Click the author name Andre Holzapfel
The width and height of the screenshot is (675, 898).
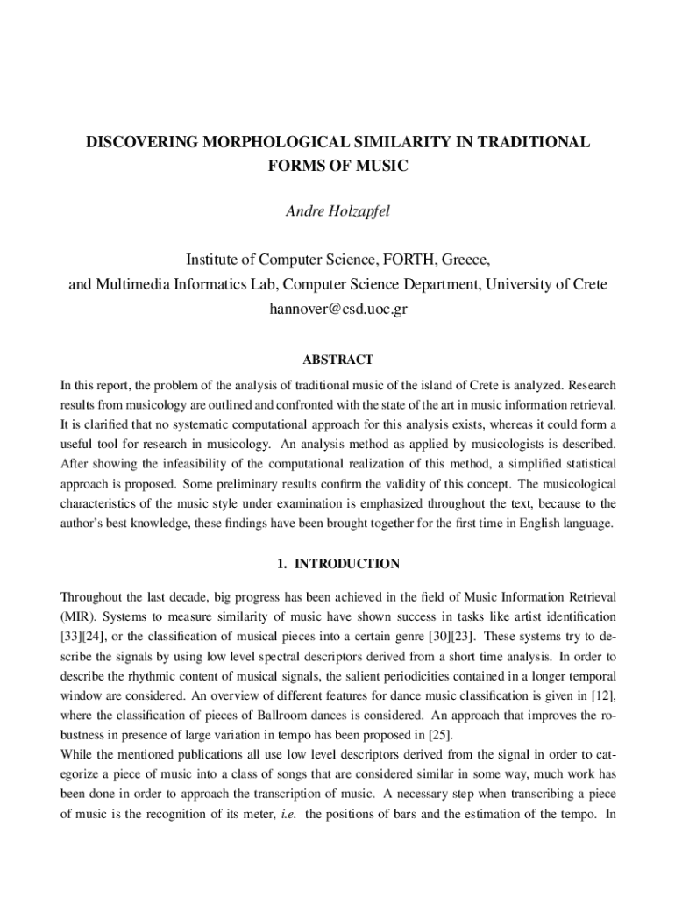[x=337, y=212]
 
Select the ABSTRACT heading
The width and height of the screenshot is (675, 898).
[x=337, y=360]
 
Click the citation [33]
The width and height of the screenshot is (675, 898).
[x=72, y=636]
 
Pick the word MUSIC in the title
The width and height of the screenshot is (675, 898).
[x=386, y=165]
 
